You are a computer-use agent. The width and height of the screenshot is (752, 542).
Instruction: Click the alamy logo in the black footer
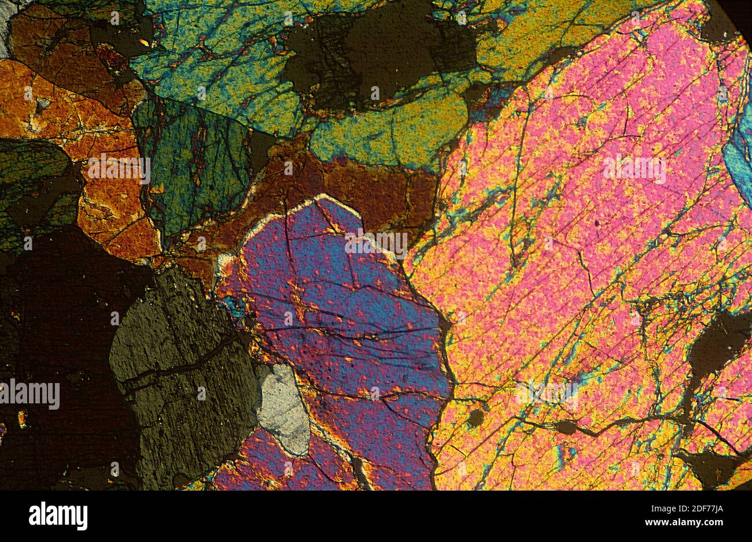click(58, 515)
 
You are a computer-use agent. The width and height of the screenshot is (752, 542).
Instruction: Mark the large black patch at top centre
click(370, 58)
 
